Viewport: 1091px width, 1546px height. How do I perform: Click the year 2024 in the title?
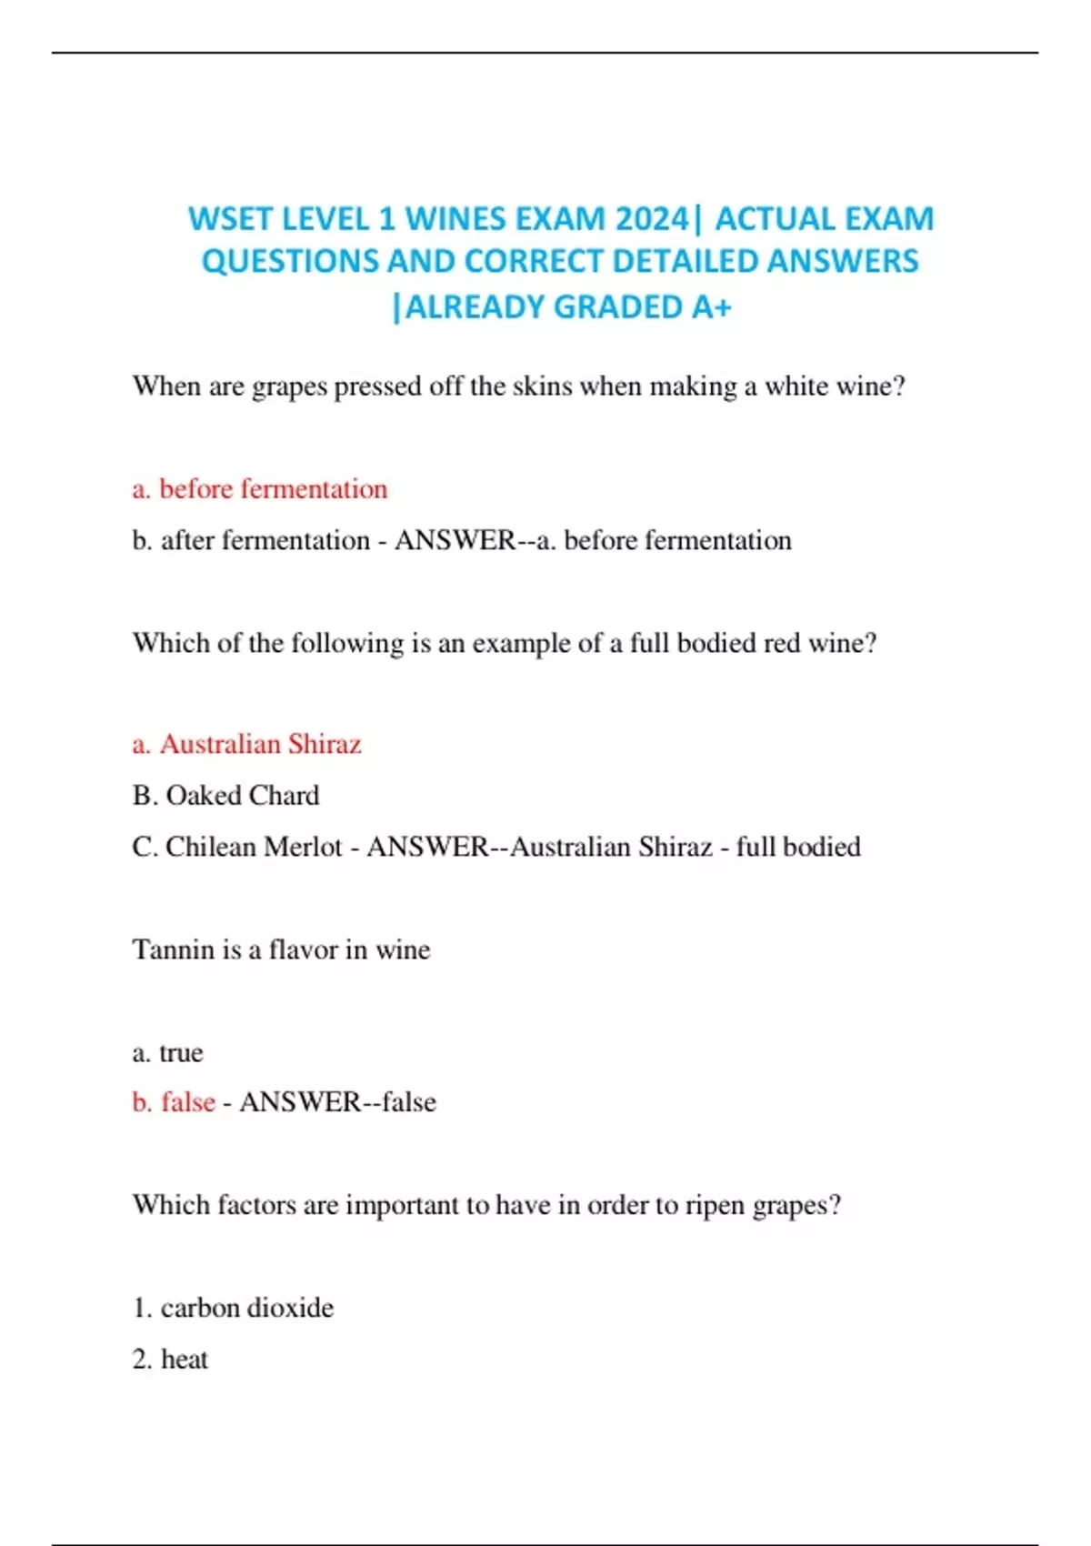tap(651, 219)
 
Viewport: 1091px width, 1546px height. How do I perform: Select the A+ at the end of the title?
tap(711, 307)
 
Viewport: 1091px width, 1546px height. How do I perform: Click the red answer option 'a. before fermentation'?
tap(260, 489)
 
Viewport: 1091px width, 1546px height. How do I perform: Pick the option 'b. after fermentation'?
tap(251, 540)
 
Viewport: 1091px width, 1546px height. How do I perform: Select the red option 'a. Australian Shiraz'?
tap(247, 744)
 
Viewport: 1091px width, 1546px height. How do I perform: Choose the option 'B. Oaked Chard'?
tap(225, 796)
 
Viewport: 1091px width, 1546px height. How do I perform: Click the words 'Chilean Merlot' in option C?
tap(254, 847)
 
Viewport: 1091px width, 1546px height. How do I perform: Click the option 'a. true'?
tap(167, 1052)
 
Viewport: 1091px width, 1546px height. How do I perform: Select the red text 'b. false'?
tap(174, 1102)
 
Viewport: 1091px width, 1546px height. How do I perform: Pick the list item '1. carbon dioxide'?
tap(233, 1308)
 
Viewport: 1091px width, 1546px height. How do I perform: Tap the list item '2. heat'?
tap(170, 1359)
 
